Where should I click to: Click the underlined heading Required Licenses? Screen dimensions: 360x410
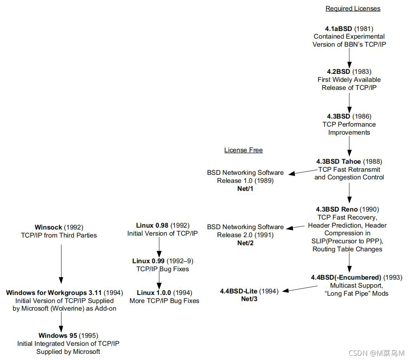click(353, 8)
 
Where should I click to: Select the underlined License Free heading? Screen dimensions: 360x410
click(243, 150)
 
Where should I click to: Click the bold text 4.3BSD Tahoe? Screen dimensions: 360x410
click(339, 161)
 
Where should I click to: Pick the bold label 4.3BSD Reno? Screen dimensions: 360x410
click(337, 209)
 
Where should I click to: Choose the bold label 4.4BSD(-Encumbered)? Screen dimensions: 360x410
click(346, 277)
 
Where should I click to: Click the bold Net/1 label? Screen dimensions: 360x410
click(245, 189)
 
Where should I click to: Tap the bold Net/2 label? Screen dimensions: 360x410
click(245, 243)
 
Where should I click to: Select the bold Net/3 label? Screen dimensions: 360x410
click(249, 299)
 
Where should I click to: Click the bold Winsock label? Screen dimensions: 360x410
click(48, 227)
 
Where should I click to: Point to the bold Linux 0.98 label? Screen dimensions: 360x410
click(152, 225)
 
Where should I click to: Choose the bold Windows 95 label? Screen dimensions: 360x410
click(58, 336)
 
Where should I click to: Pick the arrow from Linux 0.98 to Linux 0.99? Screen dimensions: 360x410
click(159, 247)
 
